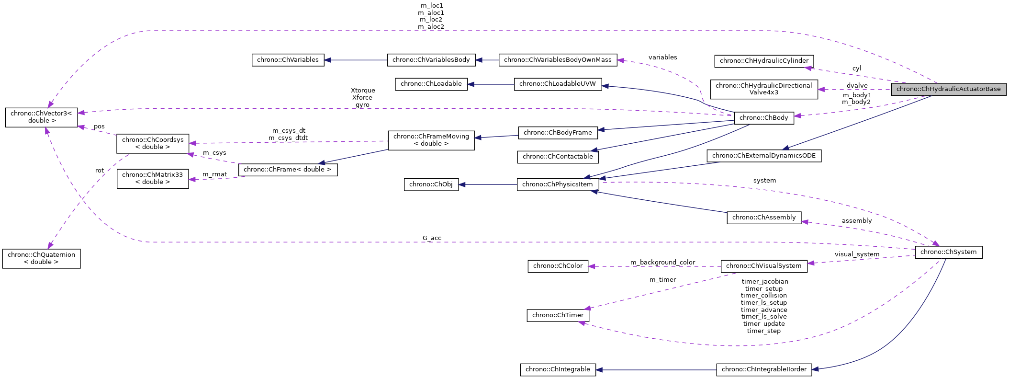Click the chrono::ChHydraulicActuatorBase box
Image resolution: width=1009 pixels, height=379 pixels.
948,89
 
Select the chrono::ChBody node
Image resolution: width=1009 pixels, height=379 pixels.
763,118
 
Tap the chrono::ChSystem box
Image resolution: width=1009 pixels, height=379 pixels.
948,252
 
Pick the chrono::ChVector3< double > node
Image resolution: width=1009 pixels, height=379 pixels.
41,117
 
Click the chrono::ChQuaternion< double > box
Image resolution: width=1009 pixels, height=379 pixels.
41,258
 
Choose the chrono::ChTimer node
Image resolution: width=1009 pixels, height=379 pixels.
558,315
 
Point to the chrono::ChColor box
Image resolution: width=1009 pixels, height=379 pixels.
558,266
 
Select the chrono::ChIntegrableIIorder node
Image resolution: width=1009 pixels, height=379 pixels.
763,369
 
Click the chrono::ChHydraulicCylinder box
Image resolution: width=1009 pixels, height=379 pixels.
763,61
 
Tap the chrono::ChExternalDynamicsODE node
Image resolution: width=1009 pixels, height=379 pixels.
763,156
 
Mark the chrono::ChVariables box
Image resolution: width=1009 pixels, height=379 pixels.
288,60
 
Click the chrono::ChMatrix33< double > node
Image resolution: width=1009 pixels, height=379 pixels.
152,178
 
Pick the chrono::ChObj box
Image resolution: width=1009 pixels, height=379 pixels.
431,184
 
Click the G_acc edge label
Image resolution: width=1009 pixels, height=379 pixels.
432,238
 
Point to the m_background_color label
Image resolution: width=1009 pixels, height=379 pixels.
662,263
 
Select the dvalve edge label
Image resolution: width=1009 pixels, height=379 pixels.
857,86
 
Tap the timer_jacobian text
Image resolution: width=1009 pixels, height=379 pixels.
764,282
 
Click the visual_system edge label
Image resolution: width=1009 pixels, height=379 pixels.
857,254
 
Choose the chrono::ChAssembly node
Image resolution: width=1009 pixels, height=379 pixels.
763,218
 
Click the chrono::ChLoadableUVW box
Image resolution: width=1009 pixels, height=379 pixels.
557,84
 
